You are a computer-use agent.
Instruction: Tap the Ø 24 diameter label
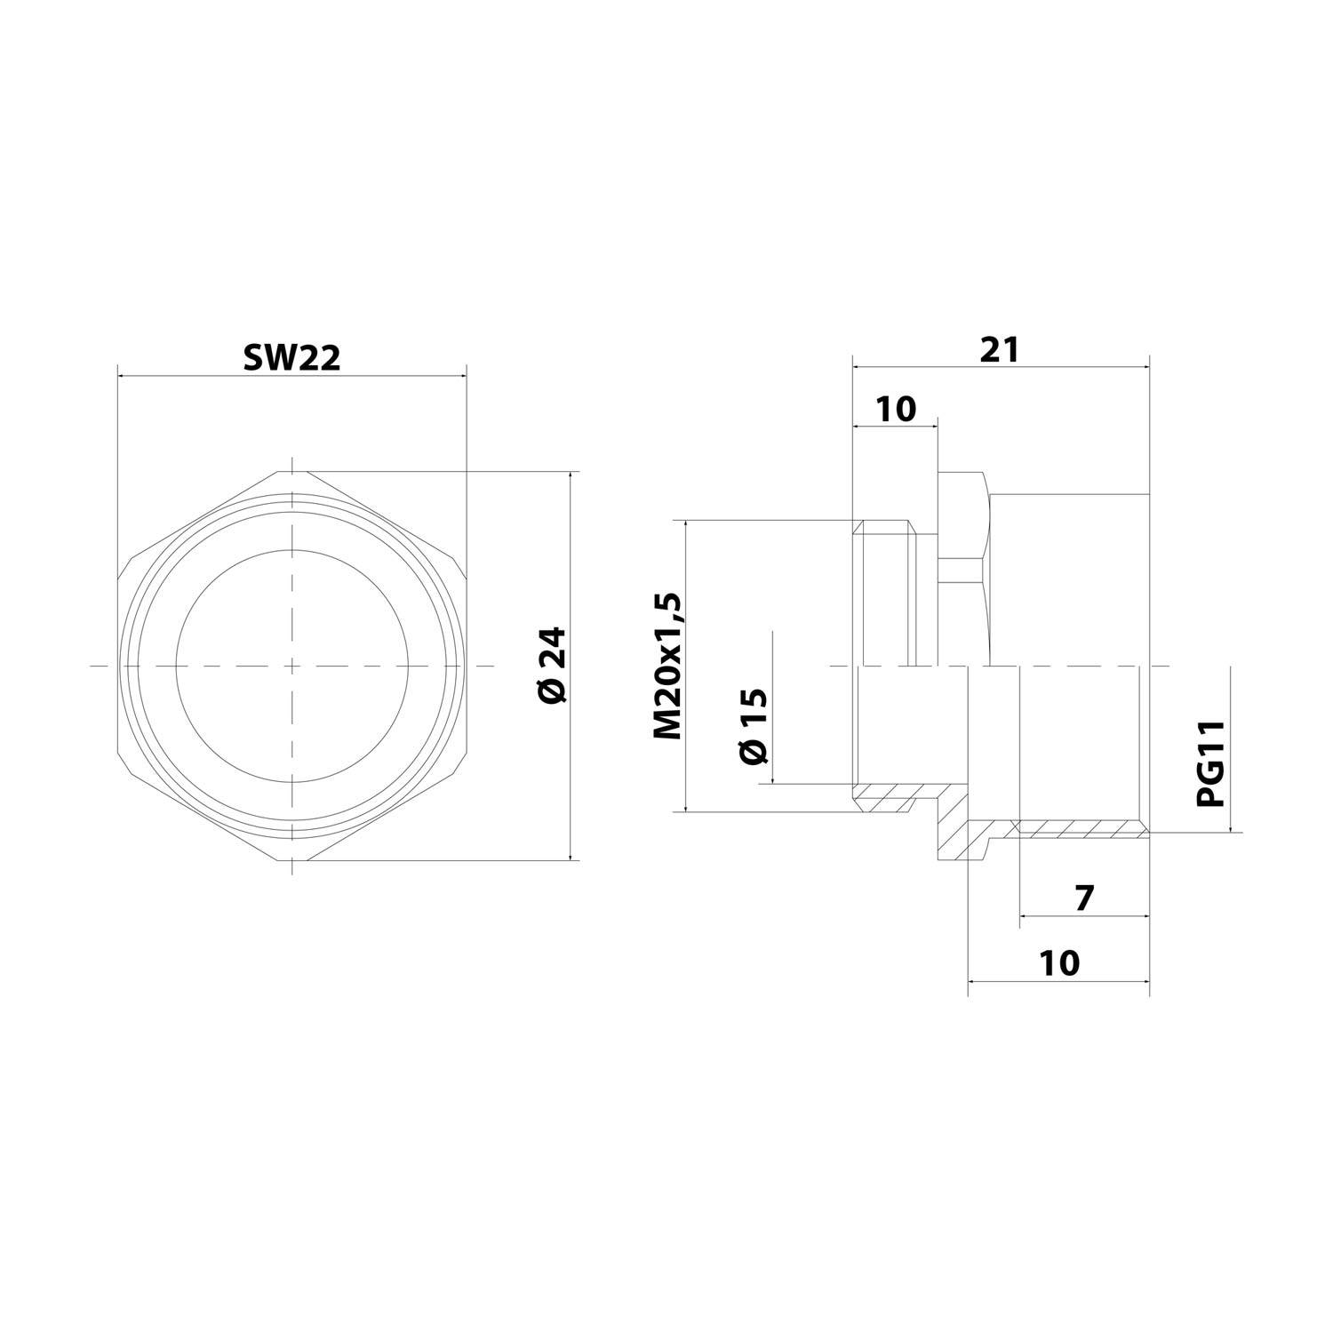click(552, 666)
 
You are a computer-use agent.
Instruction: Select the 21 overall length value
click(1000, 348)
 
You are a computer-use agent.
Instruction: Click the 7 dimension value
click(1083, 898)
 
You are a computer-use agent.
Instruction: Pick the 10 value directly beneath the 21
click(895, 409)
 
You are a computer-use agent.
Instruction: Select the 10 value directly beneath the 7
click(1058, 962)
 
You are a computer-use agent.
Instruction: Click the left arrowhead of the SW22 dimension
click(123, 375)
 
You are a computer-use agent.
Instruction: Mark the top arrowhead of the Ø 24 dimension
click(571, 476)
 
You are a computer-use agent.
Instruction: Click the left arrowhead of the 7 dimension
click(1025, 915)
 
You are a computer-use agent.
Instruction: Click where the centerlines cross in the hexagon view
click(291, 666)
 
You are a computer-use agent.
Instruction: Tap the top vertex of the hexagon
click(291, 471)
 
